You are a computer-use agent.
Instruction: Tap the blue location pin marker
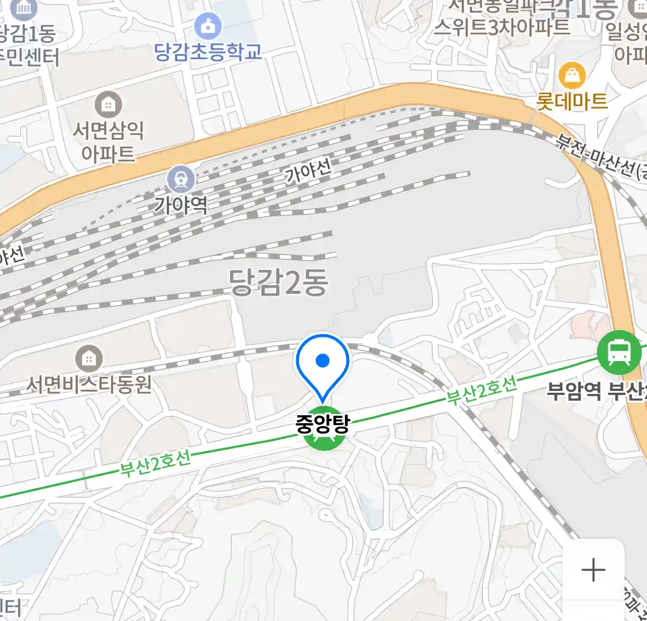click(323, 362)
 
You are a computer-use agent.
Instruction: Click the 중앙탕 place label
click(322, 424)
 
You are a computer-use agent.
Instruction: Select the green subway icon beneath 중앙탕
click(324, 440)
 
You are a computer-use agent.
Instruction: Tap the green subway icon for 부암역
click(619, 352)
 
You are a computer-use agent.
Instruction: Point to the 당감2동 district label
click(279, 282)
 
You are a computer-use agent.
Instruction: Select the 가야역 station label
click(181, 205)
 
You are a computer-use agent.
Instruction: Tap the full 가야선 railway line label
click(309, 171)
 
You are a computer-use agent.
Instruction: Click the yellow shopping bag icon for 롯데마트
click(572, 75)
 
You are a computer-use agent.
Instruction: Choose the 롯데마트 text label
click(572, 102)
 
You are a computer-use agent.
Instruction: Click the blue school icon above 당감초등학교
click(208, 26)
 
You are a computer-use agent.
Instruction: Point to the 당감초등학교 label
click(208, 52)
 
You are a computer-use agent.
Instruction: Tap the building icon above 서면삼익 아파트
click(108, 105)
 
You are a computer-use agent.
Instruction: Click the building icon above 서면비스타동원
click(89, 359)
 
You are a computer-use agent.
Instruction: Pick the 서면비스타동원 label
click(89, 384)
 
